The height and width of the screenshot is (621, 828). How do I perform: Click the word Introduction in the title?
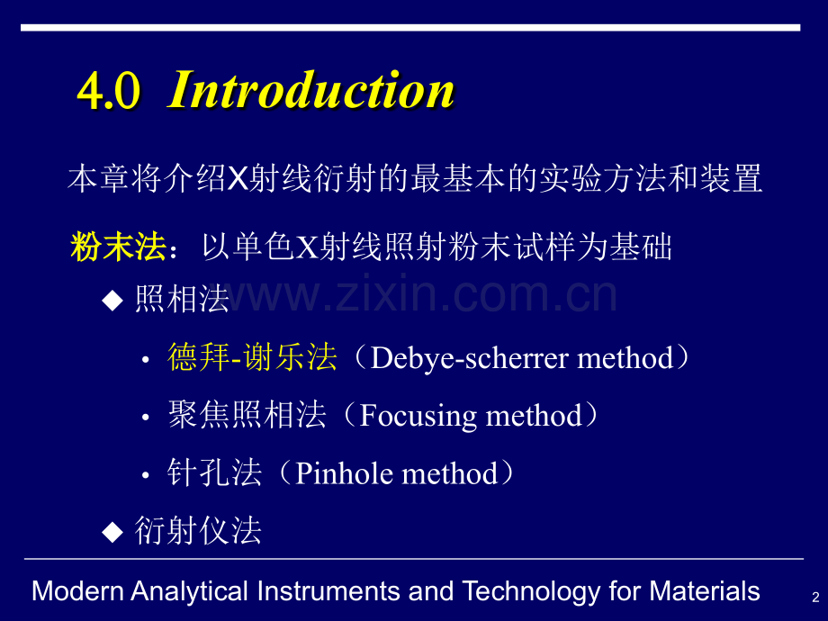point(311,90)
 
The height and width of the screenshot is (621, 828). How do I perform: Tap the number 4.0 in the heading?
point(109,91)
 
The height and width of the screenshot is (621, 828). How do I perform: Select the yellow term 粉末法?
point(118,247)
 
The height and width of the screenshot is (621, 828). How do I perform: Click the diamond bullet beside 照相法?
point(112,301)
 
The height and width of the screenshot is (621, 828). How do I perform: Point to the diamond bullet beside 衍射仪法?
point(112,531)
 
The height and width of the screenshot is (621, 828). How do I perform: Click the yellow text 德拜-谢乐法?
point(252,357)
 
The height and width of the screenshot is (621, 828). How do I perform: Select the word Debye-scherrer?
point(470,359)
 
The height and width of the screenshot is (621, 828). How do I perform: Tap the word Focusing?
point(418,416)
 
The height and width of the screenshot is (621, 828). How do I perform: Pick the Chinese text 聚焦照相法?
point(247,415)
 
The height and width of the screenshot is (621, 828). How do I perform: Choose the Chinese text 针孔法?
point(214,472)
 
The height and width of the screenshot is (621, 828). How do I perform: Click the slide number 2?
point(815,598)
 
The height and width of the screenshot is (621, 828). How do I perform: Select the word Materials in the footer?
point(705,591)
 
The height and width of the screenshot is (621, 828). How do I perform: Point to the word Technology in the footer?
point(532,592)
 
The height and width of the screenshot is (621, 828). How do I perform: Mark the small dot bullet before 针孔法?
point(146,474)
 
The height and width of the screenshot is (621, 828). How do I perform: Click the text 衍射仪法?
point(198,530)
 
